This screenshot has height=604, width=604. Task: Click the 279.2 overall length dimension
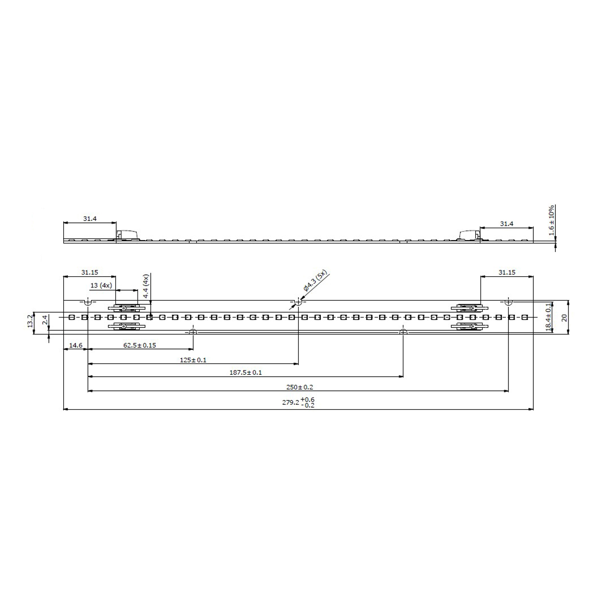[x=298, y=402]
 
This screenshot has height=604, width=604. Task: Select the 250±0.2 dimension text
[x=300, y=387]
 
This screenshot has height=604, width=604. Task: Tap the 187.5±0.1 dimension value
[x=246, y=373]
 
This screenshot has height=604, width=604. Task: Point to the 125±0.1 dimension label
[x=193, y=360]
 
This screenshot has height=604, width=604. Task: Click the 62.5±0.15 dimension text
[x=139, y=345]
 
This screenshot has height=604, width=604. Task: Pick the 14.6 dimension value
[x=76, y=345]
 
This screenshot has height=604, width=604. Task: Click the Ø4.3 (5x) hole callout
[x=316, y=282]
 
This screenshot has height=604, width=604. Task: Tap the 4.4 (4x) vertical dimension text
[x=146, y=286]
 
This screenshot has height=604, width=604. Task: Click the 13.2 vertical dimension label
[x=30, y=321]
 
